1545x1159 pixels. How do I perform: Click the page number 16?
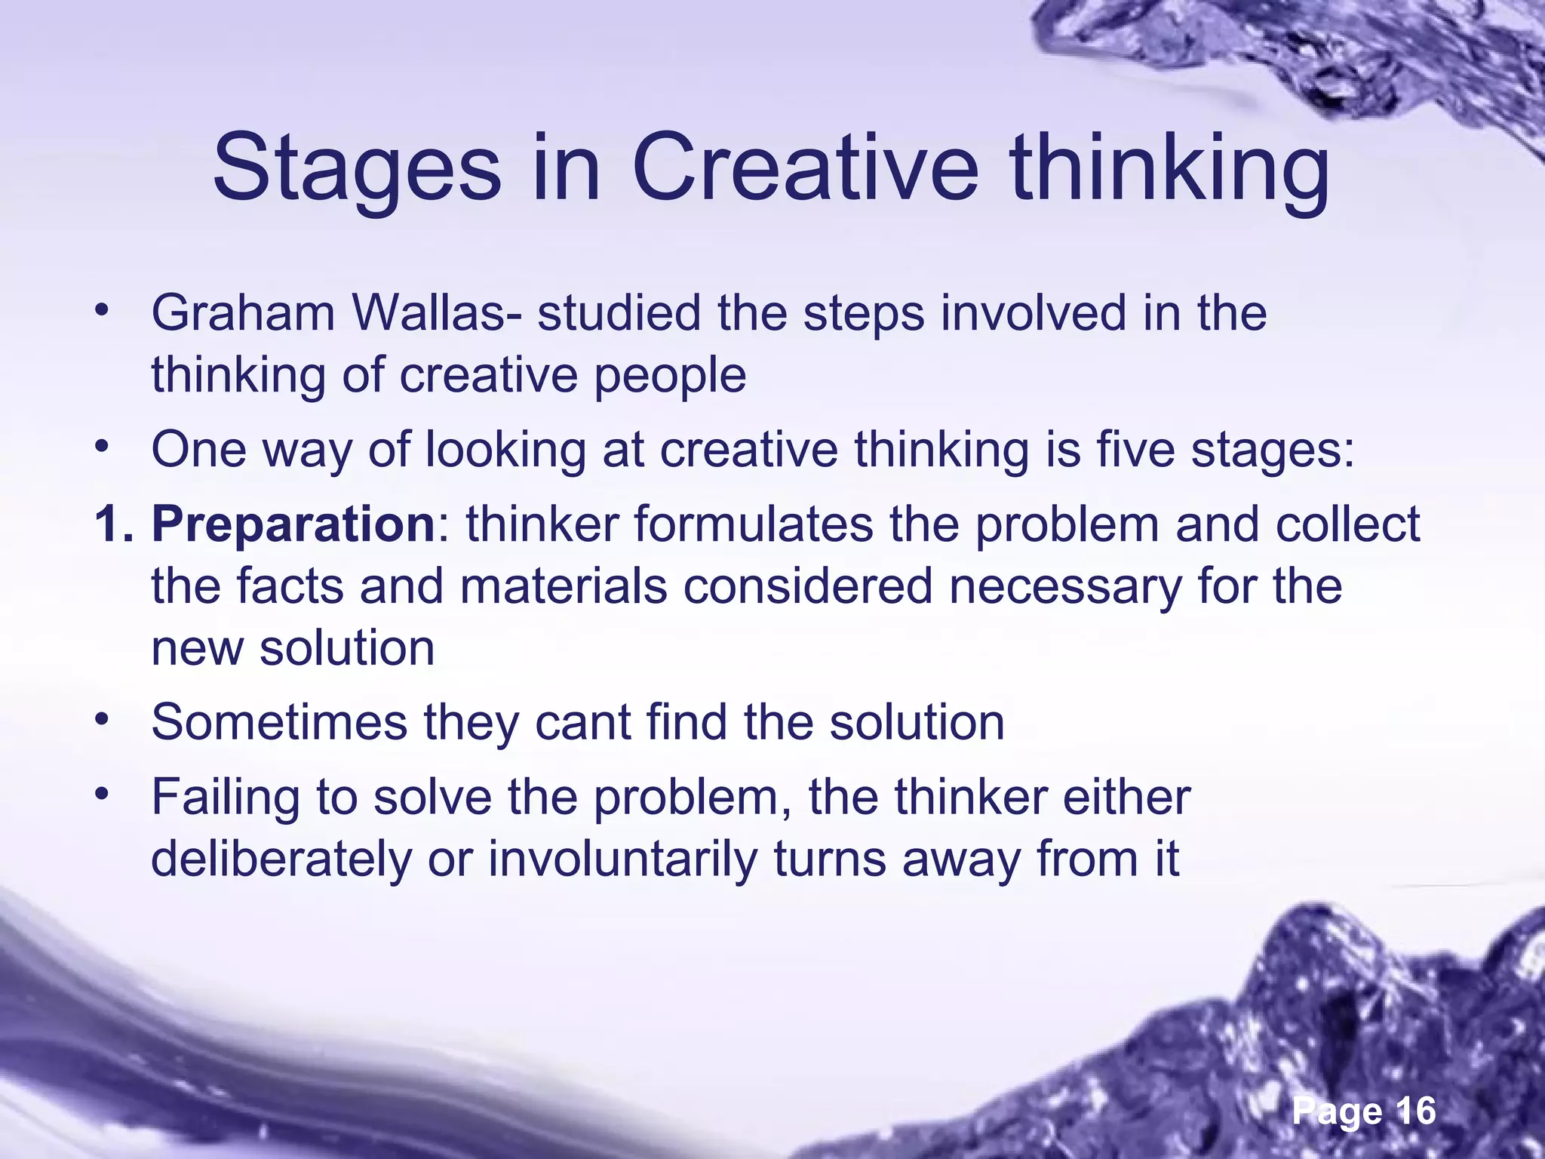[1415, 1111]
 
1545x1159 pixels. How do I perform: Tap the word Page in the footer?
[1338, 1111]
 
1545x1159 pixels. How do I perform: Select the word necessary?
[1065, 586]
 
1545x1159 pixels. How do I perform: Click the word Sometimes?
[279, 722]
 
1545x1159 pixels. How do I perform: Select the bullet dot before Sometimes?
[103, 719]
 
